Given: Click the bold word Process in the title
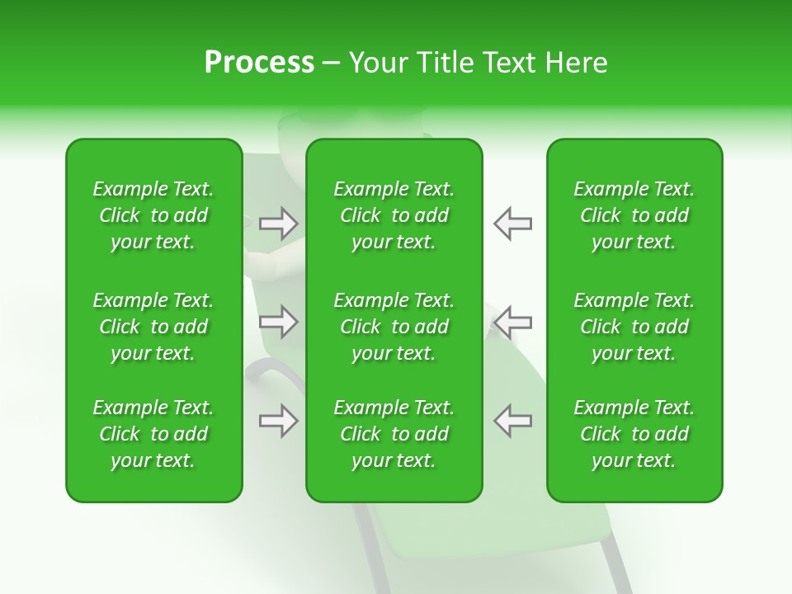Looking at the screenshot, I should pos(259,63).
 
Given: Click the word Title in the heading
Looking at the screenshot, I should pos(445,63).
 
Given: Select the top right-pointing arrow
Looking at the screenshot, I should pos(279,223).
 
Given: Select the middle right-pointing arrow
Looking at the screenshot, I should pos(279,322).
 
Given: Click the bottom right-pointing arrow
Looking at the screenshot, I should pos(279,421).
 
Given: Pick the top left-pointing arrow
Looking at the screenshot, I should pos(512,223).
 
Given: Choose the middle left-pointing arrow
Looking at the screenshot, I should pos(512,322).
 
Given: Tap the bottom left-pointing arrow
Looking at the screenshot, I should pos(512,421).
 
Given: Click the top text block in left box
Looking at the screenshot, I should pos(153,215).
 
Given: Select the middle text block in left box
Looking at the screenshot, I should pos(153,327).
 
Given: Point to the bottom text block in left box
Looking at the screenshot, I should pos(153,434).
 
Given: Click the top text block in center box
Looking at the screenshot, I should pos(394,215).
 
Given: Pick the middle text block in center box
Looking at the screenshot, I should pos(394,327).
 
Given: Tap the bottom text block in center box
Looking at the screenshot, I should pos(394,434).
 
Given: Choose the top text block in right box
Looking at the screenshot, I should pos(634,215).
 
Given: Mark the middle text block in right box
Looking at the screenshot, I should pos(634,327).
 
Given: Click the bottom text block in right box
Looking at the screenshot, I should pos(634,434).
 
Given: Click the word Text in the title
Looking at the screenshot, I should pos(508,63).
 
